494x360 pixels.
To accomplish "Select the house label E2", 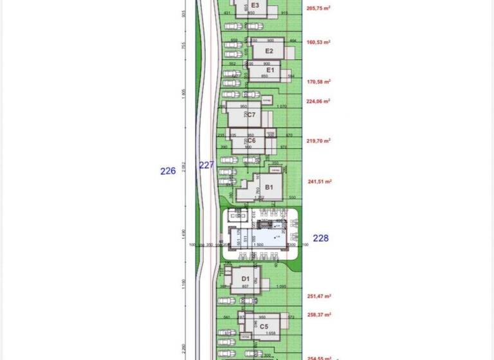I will click(270, 51).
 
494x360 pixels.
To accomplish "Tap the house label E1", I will click(270, 69).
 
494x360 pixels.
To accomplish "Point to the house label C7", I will click(251, 115).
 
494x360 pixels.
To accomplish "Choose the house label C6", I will click(252, 140).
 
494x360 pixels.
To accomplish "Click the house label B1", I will click(270, 187).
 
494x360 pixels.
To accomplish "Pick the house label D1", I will click(245, 278).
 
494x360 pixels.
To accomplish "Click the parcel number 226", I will click(168, 171).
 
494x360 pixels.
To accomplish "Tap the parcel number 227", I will click(206, 165).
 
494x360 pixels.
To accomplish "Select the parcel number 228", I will click(320, 238).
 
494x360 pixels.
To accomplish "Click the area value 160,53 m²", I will click(318, 42).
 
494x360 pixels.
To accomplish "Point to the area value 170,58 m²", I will click(319, 82).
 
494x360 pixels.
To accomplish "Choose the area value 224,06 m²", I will click(318, 101).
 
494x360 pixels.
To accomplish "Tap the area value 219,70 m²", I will click(318, 141).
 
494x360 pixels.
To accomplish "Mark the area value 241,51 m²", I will click(319, 181).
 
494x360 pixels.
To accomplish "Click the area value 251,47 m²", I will click(319, 296).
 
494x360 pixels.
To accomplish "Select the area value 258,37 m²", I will click(319, 314).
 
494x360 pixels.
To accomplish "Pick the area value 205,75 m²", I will click(319, 8).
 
